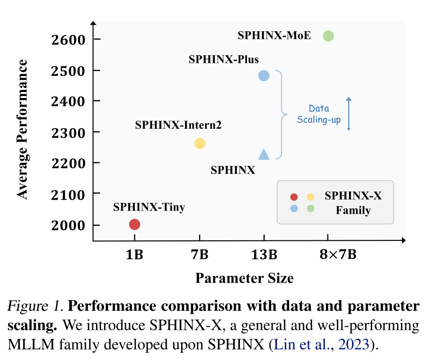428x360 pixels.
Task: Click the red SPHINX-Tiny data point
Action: pyautogui.click(x=134, y=224)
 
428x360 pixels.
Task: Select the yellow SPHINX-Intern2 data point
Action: pyautogui.click(x=200, y=143)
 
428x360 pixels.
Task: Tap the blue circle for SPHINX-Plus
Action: pyautogui.click(x=264, y=75)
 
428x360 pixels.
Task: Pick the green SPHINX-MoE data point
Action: pyautogui.click(x=328, y=36)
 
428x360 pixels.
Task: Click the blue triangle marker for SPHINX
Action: pyautogui.click(x=264, y=154)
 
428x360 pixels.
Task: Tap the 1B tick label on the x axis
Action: pyautogui.click(x=134, y=255)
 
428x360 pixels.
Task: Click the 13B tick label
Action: pyautogui.click(x=264, y=255)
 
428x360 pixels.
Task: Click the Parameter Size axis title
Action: pyautogui.click(x=244, y=278)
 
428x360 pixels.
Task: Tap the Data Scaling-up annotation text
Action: pyautogui.click(x=318, y=115)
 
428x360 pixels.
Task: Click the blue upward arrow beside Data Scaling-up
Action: pyautogui.click(x=349, y=113)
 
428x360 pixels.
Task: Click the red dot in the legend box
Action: pyautogui.click(x=294, y=197)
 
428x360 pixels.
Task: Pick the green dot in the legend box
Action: pyautogui.click(x=310, y=209)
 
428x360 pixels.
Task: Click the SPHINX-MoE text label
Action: pyautogui.click(x=274, y=36)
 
